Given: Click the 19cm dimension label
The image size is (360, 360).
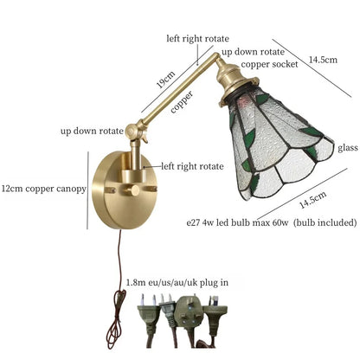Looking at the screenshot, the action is coord(165,80).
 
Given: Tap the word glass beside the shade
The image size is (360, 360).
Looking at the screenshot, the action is coord(348,148).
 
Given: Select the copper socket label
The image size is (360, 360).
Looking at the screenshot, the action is coord(269,64).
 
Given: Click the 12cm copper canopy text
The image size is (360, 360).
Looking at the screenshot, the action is coord(44,189).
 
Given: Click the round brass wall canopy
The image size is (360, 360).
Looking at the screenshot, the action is coord(125,190).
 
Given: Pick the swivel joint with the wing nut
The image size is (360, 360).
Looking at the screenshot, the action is coord(136,132).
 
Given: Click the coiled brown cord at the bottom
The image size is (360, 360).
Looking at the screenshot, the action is coord(115,318).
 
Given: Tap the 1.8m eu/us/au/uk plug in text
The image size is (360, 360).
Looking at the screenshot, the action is coord(177,282).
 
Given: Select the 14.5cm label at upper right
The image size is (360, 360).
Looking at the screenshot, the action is coord(323,60).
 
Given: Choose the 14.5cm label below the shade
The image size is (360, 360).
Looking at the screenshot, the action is coord(312,200).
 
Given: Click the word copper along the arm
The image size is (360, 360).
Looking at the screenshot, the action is coord(182,102).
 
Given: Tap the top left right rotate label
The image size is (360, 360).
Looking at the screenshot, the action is coord(197,39).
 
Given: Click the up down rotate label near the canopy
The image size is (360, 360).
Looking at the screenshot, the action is coord(92,132).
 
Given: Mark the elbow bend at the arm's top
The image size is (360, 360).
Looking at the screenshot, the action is coord(215,55).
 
